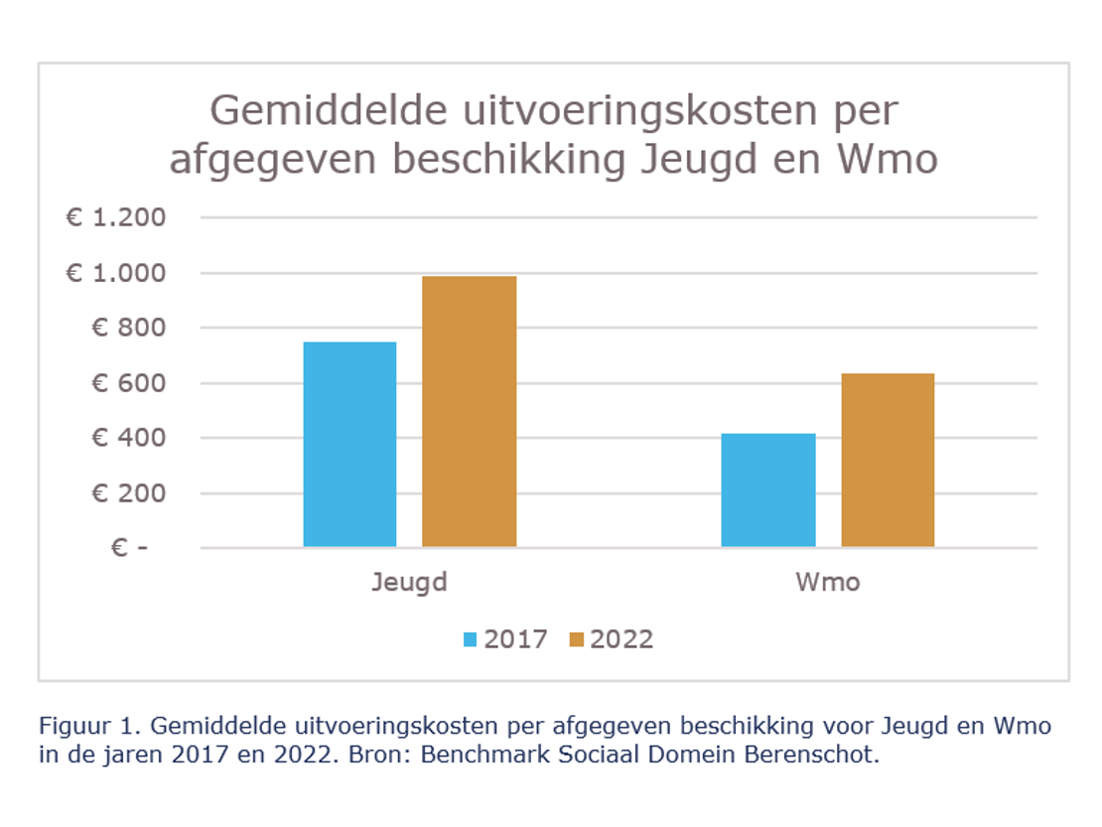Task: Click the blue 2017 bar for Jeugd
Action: pyautogui.click(x=349, y=444)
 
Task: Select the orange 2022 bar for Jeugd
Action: pyautogui.click(x=469, y=411)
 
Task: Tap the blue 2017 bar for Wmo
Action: pyautogui.click(x=768, y=489)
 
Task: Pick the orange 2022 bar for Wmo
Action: pyautogui.click(x=888, y=460)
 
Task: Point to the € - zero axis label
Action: pyautogui.click(x=128, y=548)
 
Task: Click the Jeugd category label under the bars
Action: pyautogui.click(x=409, y=582)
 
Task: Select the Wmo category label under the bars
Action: pyautogui.click(x=827, y=582)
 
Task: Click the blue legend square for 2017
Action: pyautogui.click(x=471, y=639)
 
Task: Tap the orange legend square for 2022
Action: pyautogui.click(x=577, y=639)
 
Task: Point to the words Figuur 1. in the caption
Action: pyautogui.click(x=90, y=726)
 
